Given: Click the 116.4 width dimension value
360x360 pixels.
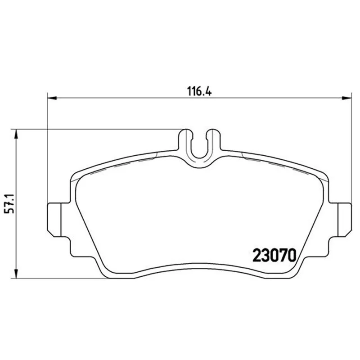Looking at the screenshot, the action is pyautogui.click(x=199, y=91).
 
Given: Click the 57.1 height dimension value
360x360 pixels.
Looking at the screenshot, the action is pyautogui.click(x=9, y=204).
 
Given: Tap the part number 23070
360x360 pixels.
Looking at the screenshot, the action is pyautogui.click(x=274, y=256).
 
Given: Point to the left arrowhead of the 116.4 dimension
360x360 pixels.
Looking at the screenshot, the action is pyautogui.click(x=52, y=98).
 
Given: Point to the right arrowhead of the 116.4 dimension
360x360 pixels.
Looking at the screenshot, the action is pyautogui.click(x=346, y=98).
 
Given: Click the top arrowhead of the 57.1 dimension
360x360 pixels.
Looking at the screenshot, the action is pyautogui.click(x=16, y=134).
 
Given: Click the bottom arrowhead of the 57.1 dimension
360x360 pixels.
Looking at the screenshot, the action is pyautogui.click(x=16, y=274).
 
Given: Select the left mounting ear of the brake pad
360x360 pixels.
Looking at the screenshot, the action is pyautogui.click(x=54, y=220).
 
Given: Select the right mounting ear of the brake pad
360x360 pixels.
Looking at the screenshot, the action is pyautogui.click(x=344, y=220).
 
